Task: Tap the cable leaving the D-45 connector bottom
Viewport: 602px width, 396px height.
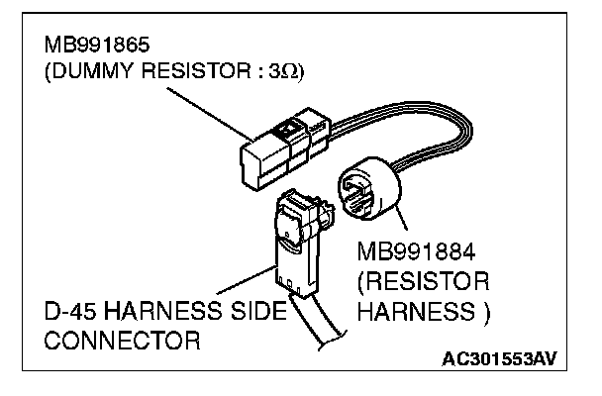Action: tap(322, 327)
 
